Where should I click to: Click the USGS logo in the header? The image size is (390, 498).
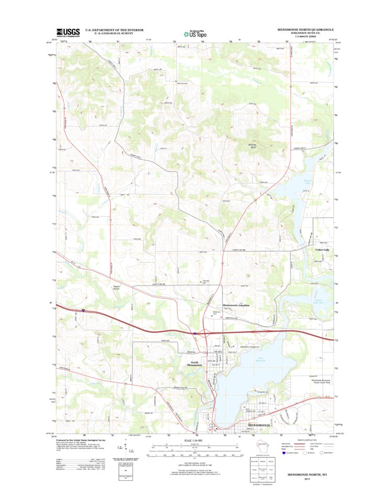[68, 32]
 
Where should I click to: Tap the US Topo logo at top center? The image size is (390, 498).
[194, 33]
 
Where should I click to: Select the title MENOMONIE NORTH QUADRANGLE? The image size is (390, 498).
[306, 29]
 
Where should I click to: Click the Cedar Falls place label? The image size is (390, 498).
[322, 250]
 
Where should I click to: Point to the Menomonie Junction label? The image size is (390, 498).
[236, 305]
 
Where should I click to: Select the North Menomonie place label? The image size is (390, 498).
[197, 364]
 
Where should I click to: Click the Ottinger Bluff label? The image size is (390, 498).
[253, 147]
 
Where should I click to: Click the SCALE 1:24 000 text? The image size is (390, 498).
[193, 441]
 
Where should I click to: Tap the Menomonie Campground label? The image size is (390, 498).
[253, 347]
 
